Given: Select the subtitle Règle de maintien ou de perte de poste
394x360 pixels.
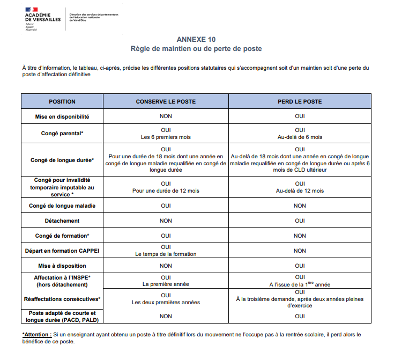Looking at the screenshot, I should (196, 49).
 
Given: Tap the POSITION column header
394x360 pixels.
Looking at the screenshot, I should (62, 101).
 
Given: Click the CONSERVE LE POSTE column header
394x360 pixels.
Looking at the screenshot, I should (166, 101).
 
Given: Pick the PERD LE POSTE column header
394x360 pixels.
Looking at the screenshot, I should (300, 101).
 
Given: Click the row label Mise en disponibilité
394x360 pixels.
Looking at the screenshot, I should (62, 116).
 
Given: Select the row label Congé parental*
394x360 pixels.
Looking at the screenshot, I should (62, 133).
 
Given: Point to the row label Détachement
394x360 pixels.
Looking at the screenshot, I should (62, 221).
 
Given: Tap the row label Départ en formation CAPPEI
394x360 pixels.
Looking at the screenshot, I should (62, 251).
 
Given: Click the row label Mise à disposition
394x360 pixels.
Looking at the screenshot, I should (62, 266).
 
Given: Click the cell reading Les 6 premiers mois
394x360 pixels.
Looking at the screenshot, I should (166, 137).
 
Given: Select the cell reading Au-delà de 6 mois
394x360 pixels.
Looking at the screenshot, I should (300, 137).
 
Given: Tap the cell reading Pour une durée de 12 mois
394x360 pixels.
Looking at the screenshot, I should (166, 190).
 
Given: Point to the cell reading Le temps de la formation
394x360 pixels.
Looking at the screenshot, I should (166, 254).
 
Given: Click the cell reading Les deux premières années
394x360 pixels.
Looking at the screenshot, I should (166, 302).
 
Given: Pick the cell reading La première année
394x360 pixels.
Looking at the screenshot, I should (166, 284).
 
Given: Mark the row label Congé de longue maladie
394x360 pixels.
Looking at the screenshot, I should (62, 205).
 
